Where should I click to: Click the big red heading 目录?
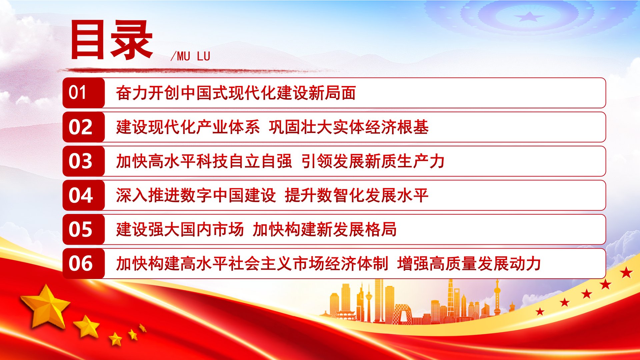[112, 40]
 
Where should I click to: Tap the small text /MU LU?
[190, 56]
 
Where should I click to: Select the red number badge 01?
[84, 93]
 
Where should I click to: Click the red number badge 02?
[84, 127]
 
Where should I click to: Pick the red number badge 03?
[84, 161]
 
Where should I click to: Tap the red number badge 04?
[84, 195]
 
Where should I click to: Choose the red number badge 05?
[84, 229]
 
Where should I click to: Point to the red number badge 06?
[84, 263]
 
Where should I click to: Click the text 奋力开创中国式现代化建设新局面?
[236, 93]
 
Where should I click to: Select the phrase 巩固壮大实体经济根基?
[349, 127]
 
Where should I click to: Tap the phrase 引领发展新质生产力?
[373, 161]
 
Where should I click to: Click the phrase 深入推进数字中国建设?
[196, 195]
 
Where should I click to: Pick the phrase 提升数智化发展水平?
[357, 195]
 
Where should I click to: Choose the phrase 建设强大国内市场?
[180, 229]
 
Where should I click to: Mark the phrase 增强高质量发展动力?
[469, 263]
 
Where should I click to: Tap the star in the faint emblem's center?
[529, 16]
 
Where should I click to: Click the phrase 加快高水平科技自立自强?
[204, 161]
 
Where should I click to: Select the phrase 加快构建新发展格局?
[325, 229]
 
